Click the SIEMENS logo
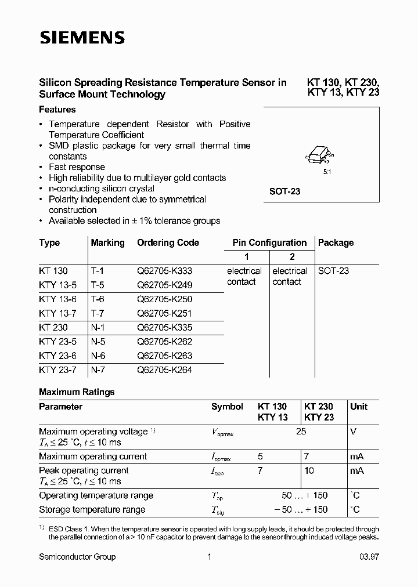[x=82, y=38]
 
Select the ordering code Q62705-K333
[x=164, y=271]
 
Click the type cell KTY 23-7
[x=58, y=369]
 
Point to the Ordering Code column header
[x=168, y=243]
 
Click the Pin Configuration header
[x=269, y=243]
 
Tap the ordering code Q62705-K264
[x=164, y=369]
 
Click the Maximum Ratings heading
[x=77, y=392]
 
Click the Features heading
[x=57, y=110]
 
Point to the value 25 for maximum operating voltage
[x=301, y=432]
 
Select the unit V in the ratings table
[x=354, y=432]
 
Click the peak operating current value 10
[x=309, y=470]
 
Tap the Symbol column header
[x=227, y=407]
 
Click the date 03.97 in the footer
[x=368, y=557]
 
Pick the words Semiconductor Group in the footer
[x=77, y=557]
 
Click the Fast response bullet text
[x=77, y=167]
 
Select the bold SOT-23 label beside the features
[x=284, y=191]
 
